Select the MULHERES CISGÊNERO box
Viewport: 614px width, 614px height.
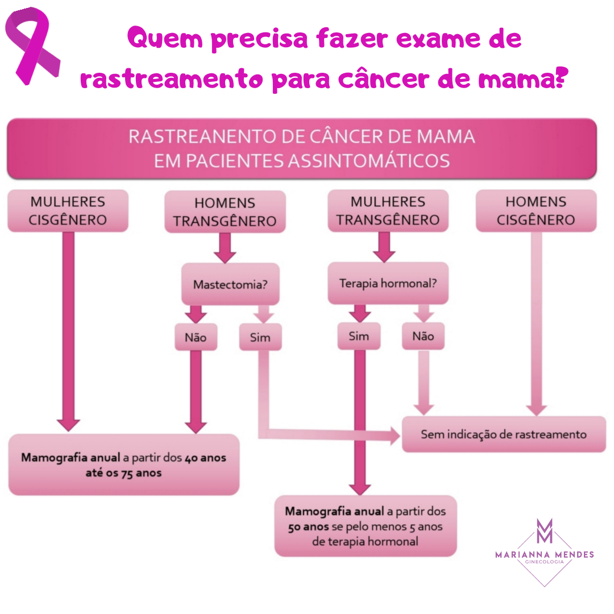[68, 211]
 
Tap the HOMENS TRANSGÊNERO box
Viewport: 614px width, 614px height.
[225, 212]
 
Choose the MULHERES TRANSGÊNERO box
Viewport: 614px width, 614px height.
[388, 211]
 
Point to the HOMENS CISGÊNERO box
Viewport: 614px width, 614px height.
[536, 211]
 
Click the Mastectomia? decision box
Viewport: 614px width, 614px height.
[230, 284]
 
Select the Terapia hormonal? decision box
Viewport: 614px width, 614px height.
[388, 283]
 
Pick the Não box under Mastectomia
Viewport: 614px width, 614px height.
[196, 338]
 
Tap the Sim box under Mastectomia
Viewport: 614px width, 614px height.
[260, 338]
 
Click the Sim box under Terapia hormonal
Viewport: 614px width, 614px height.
[359, 337]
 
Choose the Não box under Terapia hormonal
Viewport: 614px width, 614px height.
[423, 337]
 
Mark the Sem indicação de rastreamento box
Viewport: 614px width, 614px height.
[503, 434]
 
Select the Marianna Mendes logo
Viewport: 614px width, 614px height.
[544, 550]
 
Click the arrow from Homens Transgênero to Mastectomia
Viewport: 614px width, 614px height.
[225, 248]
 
